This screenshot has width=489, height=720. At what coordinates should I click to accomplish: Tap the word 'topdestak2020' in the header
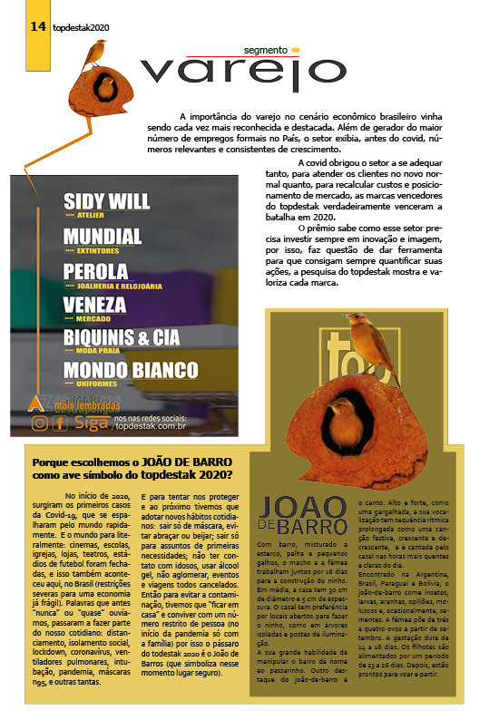[x=81, y=28]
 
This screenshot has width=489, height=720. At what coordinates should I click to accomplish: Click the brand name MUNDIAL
[x=103, y=237]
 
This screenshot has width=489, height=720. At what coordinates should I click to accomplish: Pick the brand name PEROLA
[x=95, y=271]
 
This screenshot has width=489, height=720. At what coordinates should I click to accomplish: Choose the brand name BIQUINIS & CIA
[x=122, y=338]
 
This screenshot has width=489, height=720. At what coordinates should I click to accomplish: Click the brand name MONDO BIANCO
[x=131, y=370]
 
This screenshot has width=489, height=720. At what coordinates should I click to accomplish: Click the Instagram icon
[x=39, y=422]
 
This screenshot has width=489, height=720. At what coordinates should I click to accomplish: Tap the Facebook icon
[x=60, y=422]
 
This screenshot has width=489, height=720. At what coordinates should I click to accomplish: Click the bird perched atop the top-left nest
[x=94, y=55]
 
